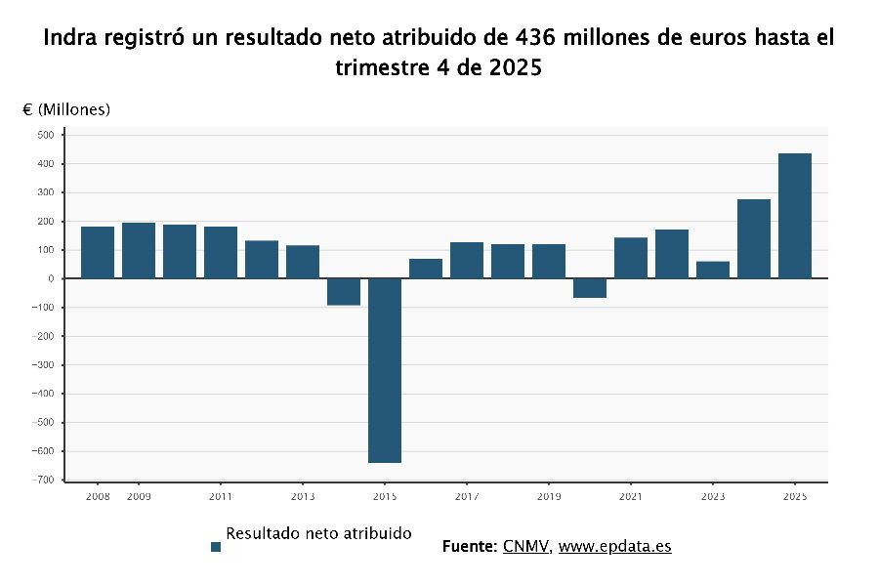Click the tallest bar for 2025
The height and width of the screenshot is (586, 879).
click(794, 216)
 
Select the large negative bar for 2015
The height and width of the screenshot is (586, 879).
click(384, 370)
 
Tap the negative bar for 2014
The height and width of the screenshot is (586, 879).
click(343, 292)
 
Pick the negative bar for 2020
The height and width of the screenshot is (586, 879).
click(589, 288)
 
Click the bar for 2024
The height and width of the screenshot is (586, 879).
click(753, 238)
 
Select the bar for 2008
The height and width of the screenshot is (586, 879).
click(98, 252)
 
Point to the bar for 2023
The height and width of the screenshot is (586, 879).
click(712, 270)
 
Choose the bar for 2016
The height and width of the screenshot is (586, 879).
click(425, 269)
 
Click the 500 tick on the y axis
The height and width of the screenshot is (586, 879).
click(45, 135)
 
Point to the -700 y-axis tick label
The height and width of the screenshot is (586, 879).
click(43, 481)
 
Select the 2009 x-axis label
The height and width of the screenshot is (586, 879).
click(139, 497)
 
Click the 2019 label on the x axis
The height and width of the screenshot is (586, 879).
click(549, 497)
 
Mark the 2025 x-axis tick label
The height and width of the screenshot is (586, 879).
click(794, 497)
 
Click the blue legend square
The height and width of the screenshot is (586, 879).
click(216, 547)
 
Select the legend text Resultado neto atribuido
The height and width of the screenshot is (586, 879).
click(318, 533)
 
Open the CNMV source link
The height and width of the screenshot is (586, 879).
click(526, 546)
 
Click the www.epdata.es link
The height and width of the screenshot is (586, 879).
click(614, 546)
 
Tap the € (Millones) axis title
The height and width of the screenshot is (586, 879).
click(66, 109)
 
